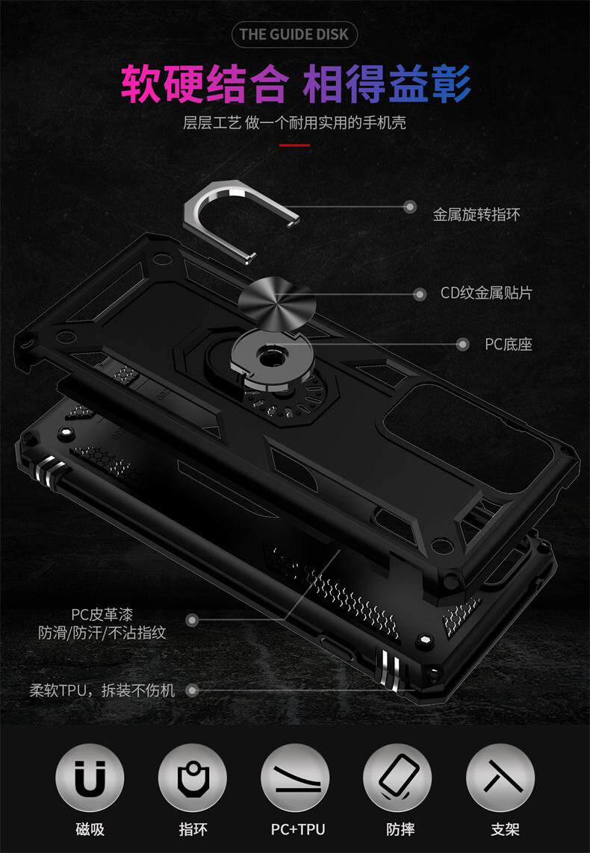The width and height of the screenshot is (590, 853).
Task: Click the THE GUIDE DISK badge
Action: (294, 34)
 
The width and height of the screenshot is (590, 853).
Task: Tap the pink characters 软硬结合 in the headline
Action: (204, 84)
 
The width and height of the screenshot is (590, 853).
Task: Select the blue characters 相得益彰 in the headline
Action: (387, 84)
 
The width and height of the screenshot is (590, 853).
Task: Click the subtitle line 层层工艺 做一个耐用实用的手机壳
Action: (294, 122)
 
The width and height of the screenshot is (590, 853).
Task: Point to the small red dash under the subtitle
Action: (294, 145)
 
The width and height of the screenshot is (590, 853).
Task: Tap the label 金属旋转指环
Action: (476, 214)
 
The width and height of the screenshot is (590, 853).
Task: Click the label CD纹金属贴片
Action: (486, 293)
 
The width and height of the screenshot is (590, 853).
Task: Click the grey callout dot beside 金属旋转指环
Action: (410, 207)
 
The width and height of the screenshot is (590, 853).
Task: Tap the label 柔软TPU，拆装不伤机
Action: (102, 690)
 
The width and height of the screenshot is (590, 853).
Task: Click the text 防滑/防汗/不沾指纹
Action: (102, 633)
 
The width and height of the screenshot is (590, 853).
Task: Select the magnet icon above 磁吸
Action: (90, 778)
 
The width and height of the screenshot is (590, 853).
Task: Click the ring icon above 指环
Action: (193, 778)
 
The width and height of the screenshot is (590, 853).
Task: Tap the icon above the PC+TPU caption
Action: (295, 778)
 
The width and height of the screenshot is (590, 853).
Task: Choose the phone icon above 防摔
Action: (397, 778)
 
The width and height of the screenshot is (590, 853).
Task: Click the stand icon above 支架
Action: (500, 778)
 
